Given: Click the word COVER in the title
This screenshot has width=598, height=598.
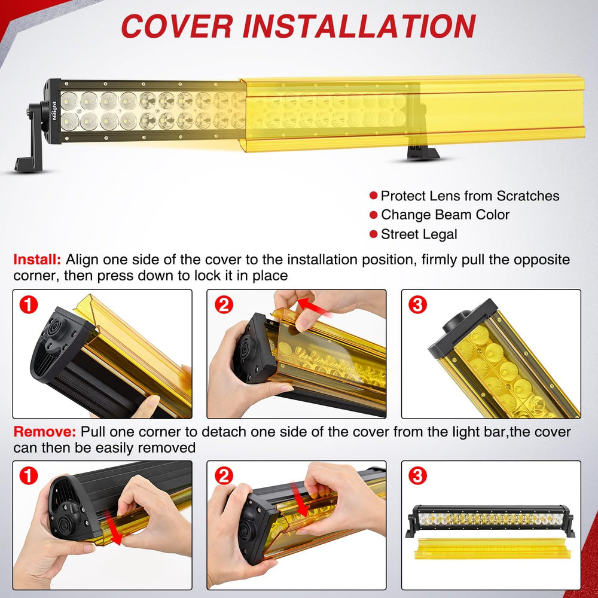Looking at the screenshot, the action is click(x=177, y=26).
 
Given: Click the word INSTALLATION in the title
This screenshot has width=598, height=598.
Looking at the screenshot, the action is click(x=359, y=26).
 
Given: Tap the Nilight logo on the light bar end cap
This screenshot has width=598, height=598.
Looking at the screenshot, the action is click(x=54, y=111).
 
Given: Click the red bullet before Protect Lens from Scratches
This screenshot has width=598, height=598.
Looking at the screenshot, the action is click(x=373, y=196).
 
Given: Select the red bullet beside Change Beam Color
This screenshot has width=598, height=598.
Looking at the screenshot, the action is click(x=373, y=215).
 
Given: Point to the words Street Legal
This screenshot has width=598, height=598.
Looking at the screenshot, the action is click(x=419, y=234).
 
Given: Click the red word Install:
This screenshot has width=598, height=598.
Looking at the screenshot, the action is click(x=37, y=260).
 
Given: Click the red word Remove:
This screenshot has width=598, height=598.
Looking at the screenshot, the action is click(x=45, y=432).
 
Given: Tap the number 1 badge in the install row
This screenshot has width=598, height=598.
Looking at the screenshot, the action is click(x=29, y=305).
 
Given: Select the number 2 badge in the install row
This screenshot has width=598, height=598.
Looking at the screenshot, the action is click(x=224, y=305).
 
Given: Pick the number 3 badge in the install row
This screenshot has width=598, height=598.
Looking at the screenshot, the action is click(x=417, y=305).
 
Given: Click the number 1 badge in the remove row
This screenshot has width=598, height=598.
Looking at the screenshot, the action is click(x=29, y=475).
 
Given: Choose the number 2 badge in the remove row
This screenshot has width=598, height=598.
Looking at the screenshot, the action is click(x=224, y=475).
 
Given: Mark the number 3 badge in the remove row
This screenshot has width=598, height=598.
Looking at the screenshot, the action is click(x=417, y=475).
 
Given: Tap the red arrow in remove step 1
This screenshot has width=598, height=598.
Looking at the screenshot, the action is click(x=113, y=528).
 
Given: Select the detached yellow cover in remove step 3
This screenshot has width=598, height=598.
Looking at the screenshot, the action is click(x=493, y=548).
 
